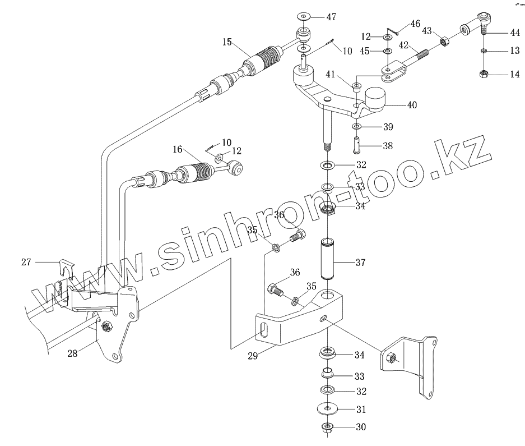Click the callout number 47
tap(332, 17)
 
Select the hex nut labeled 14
tap(484, 73)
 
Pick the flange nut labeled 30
tap(326, 429)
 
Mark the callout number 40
tap(412, 105)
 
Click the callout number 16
tap(178, 149)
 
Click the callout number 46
tap(415, 24)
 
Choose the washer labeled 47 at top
tap(305, 16)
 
